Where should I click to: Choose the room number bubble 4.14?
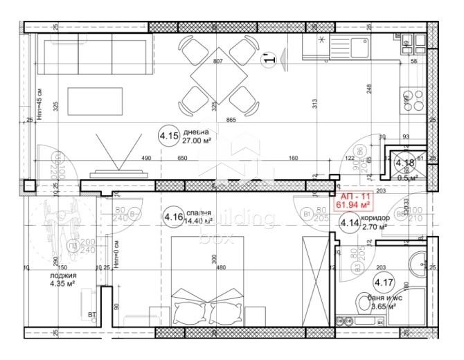(x=348, y=224)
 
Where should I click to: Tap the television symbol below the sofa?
(x=110, y=156)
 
